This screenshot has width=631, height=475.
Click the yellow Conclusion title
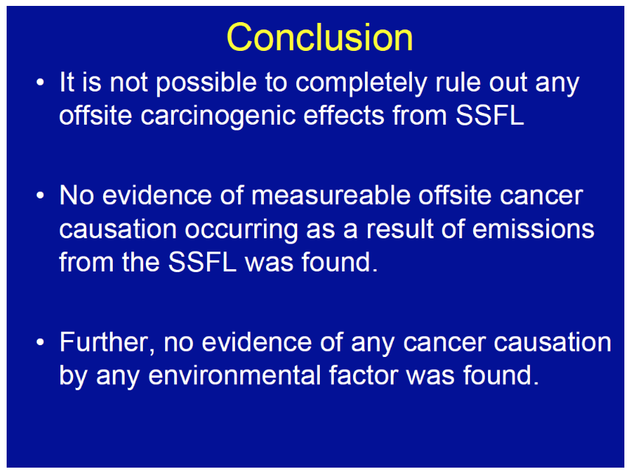(x=320, y=38)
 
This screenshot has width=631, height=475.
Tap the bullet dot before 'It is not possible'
(x=40, y=83)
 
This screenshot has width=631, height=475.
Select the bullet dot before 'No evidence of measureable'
(x=40, y=195)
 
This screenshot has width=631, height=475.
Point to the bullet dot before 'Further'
(x=40, y=342)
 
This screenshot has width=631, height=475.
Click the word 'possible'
(x=206, y=83)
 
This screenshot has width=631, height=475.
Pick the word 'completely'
(x=361, y=83)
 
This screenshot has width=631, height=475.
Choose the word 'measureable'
(x=331, y=195)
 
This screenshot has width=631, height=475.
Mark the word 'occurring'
(x=241, y=230)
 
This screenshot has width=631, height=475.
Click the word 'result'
(x=400, y=229)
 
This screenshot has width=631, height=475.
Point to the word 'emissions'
(x=533, y=229)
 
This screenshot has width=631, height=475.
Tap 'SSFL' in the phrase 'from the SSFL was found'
(x=202, y=262)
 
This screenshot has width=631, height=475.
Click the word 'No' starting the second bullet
(x=77, y=195)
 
